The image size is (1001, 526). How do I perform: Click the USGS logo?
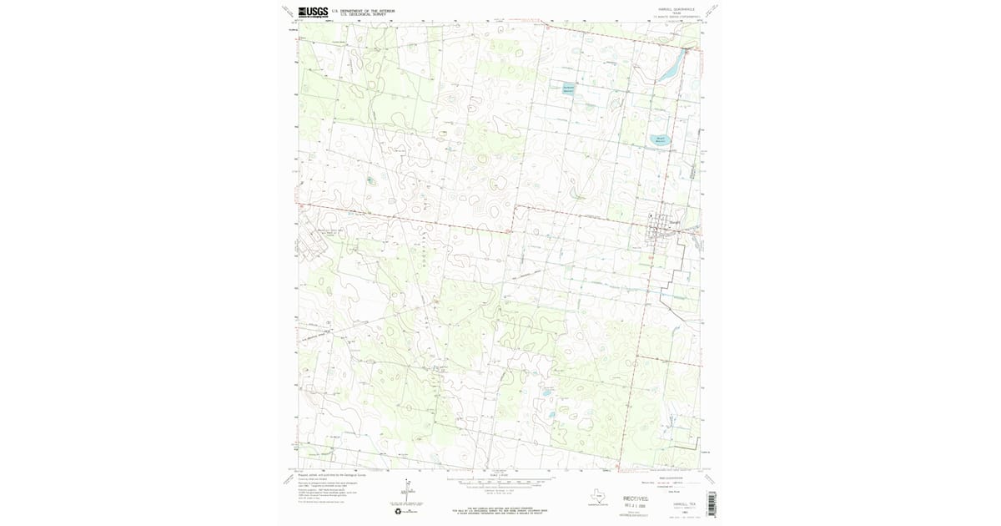[x=313, y=12]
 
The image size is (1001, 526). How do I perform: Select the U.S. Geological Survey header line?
[x=359, y=15]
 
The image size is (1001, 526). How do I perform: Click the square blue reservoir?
[x=568, y=89]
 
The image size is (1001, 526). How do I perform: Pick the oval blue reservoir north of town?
[x=660, y=139]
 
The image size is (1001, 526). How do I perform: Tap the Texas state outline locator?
[x=597, y=493]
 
